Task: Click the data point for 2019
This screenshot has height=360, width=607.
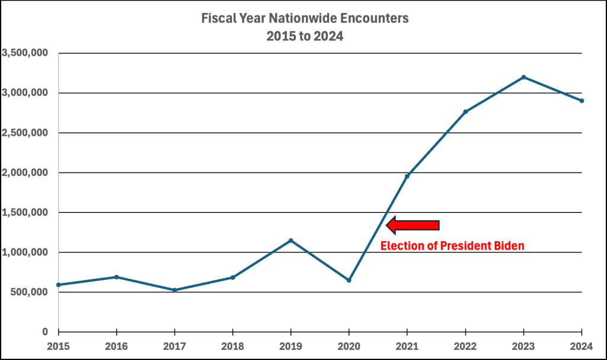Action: click(x=290, y=240)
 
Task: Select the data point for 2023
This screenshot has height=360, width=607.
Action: click(x=523, y=77)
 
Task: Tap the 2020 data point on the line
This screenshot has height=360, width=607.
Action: click(x=349, y=280)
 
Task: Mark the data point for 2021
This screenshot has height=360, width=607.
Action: click(x=407, y=176)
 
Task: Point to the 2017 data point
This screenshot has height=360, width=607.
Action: click(x=174, y=290)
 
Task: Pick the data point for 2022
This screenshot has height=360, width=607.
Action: click(x=465, y=112)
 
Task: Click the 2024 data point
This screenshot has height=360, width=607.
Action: click(x=582, y=101)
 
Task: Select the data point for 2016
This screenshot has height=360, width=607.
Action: click(x=116, y=277)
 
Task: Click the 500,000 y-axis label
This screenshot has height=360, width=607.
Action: click(x=28, y=292)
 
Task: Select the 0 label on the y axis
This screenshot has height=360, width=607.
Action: click(x=45, y=332)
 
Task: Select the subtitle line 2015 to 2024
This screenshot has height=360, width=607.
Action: click(x=305, y=36)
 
